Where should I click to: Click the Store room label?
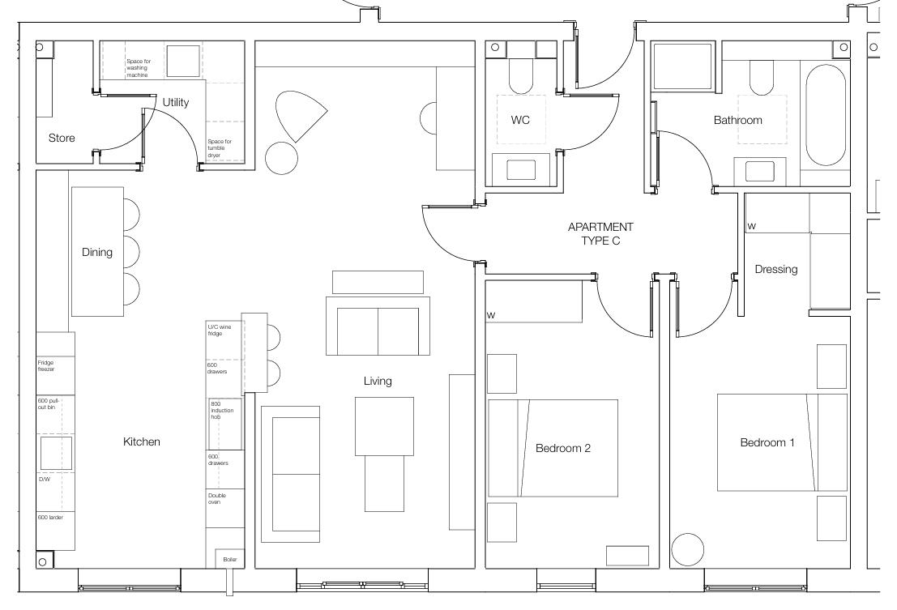(x=62, y=138)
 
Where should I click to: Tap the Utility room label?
(x=176, y=102)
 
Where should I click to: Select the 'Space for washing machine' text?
(x=138, y=68)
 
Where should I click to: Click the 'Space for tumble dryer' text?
(x=219, y=148)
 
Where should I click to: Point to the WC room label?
(x=520, y=120)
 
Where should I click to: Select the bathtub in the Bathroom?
(x=826, y=114)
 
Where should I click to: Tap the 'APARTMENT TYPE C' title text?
(x=600, y=233)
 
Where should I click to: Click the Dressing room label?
(x=775, y=269)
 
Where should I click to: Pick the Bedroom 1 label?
(x=767, y=442)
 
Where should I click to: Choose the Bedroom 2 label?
(x=562, y=448)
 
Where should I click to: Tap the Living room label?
(x=378, y=381)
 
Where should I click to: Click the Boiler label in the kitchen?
(x=229, y=559)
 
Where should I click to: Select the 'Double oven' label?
(x=217, y=498)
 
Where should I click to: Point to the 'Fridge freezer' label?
(x=46, y=366)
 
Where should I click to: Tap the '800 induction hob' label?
(x=222, y=410)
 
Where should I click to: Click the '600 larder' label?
(x=49, y=516)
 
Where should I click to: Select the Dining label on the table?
(x=97, y=252)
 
